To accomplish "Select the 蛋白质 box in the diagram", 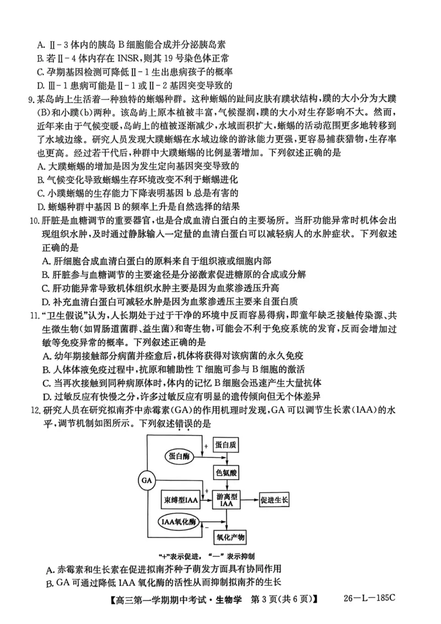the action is click(226, 445).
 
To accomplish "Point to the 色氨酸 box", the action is click(226, 473).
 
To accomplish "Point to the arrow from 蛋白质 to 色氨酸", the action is click(226, 459).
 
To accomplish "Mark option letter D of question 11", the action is click(46, 397).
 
